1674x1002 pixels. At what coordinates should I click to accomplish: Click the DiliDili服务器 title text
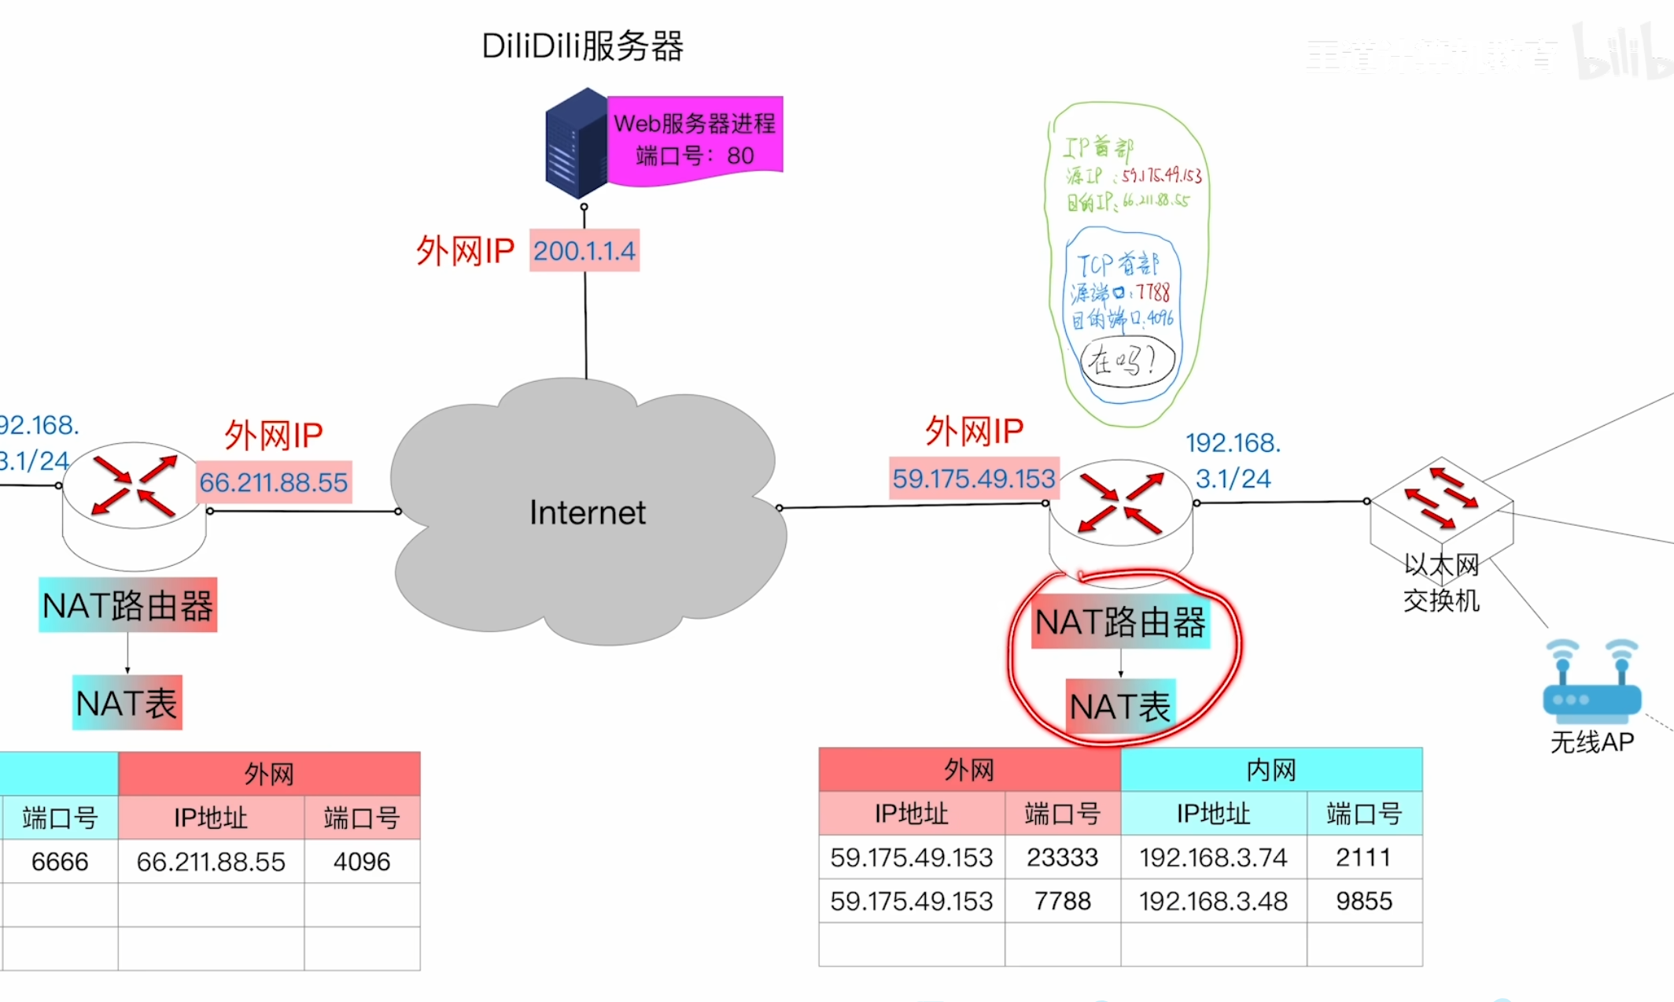pyautogui.click(x=582, y=46)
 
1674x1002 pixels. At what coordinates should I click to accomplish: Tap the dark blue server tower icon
pyautogui.click(x=577, y=143)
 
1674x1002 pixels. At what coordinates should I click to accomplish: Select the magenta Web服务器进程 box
pyautogui.click(x=695, y=139)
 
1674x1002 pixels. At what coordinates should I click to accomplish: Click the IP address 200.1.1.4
pyautogui.click(x=584, y=251)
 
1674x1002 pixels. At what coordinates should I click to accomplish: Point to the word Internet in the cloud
pyautogui.click(x=587, y=512)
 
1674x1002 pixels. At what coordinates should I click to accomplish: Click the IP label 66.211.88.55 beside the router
pyautogui.click(x=273, y=482)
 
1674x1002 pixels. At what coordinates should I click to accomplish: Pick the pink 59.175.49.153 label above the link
pyautogui.click(x=974, y=478)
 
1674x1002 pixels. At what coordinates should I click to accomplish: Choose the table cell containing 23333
pyautogui.click(x=1062, y=857)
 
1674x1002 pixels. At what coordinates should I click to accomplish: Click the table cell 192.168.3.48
pyautogui.click(x=1213, y=900)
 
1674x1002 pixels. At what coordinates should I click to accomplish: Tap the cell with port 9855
pyautogui.click(x=1364, y=900)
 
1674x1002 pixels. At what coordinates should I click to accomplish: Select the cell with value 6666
pyautogui.click(x=60, y=861)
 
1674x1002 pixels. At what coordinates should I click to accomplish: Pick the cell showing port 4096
pyautogui.click(x=362, y=861)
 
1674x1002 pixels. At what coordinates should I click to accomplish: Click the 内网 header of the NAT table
pyautogui.click(x=1271, y=770)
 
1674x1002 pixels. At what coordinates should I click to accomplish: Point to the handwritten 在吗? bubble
pyautogui.click(x=1126, y=361)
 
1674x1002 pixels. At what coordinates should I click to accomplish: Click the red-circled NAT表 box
pyautogui.click(x=1120, y=706)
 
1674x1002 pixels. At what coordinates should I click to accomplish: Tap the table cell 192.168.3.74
pyautogui.click(x=1213, y=857)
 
